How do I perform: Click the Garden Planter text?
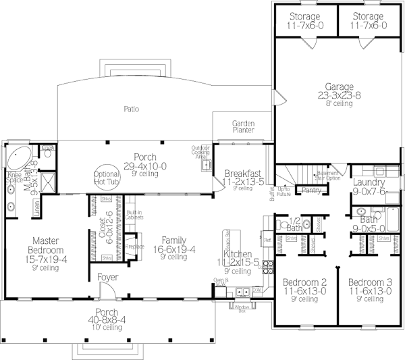(242, 127)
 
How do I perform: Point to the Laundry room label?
(369, 182)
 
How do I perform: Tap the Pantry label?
(311, 190)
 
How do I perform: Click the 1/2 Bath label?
(293, 222)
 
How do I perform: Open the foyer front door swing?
(106, 290)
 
